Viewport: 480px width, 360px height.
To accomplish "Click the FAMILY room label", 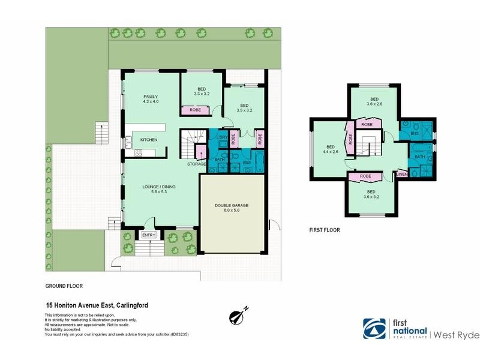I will pos(150,97).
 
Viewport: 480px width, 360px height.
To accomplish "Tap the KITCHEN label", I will pos(149,140).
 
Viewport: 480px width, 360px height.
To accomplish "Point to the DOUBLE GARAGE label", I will pos(231,205).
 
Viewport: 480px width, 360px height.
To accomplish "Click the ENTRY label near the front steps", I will pos(148,235).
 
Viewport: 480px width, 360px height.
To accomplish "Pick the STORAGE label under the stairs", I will pos(196,164).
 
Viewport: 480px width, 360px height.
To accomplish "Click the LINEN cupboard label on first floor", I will pos(403,175).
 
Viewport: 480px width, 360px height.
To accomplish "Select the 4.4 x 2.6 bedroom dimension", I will pos(330,152).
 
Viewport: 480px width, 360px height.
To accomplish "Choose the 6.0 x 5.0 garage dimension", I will pos(231,211).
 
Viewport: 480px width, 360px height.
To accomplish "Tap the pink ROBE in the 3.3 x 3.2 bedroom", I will pos(195,110).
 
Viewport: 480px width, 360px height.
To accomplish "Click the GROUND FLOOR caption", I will pos(64,286).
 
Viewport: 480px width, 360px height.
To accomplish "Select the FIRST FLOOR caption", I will pos(325,229).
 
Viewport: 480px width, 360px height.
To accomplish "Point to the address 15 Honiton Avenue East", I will pos(97,305).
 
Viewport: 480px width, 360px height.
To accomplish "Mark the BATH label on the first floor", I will pos(419,157).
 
